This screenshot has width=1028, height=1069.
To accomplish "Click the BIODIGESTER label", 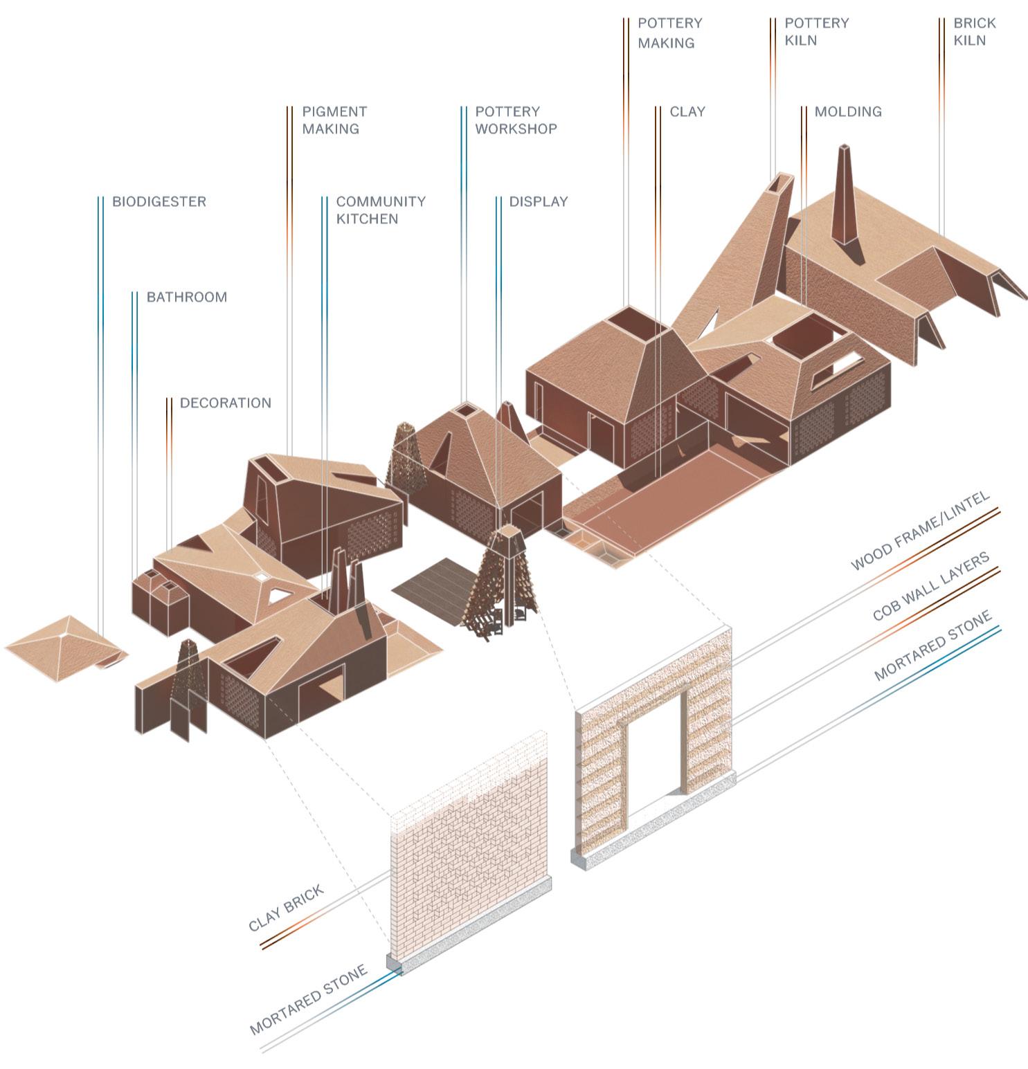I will [159, 201].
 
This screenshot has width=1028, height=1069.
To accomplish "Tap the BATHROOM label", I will [186, 297].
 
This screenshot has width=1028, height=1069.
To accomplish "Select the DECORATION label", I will [225, 403].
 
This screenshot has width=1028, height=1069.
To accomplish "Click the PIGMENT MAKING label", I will [334, 120].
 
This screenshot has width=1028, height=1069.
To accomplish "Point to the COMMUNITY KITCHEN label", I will [380, 210].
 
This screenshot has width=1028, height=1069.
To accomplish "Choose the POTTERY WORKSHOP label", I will [515, 120].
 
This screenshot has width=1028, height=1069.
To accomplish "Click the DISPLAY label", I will [538, 201].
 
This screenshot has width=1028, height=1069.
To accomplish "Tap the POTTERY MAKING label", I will [669, 33].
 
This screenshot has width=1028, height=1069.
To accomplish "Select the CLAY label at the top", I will [687, 111].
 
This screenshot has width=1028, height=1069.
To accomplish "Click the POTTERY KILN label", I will [816, 31].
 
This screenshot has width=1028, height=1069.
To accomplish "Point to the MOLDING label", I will [847, 111].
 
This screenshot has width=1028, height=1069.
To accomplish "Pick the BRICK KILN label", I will [974, 31].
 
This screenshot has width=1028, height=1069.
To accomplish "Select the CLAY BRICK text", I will [286, 908].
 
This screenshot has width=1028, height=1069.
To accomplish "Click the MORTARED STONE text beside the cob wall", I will [932, 645].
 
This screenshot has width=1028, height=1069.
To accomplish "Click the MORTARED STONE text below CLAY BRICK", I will [307, 1001].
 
